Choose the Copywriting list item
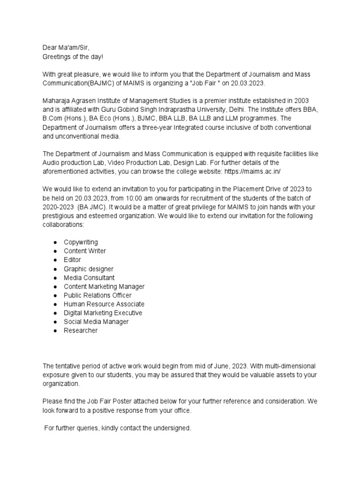coord(81,242)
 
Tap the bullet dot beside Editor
coord(55,260)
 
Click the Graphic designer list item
coord(89,269)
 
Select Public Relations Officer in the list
coord(98,295)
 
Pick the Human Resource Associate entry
coord(104,304)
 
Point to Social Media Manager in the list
coord(96,322)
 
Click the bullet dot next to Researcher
coord(55,331)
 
